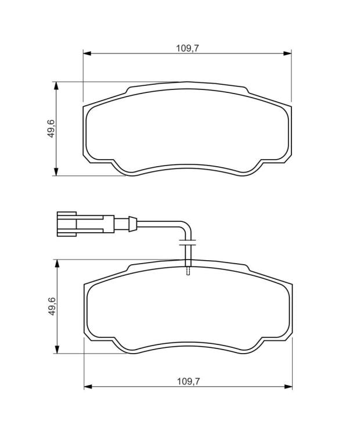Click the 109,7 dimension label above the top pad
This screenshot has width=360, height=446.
coord(188,48)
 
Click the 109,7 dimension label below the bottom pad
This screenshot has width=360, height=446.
coord(189,381)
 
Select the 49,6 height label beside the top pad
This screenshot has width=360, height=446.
coord(51,128)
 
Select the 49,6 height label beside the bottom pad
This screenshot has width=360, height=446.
coord(52,306)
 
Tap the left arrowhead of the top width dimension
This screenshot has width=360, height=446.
coord(87,53)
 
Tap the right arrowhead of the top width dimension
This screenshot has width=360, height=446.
coord(287,53)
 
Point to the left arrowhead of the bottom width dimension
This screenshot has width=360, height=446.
coord(88,387)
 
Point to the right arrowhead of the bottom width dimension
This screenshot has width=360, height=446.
coord(289,387)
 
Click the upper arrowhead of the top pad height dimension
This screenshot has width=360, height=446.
coord(56,86)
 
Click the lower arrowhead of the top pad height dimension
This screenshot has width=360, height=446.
coord(56,172)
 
